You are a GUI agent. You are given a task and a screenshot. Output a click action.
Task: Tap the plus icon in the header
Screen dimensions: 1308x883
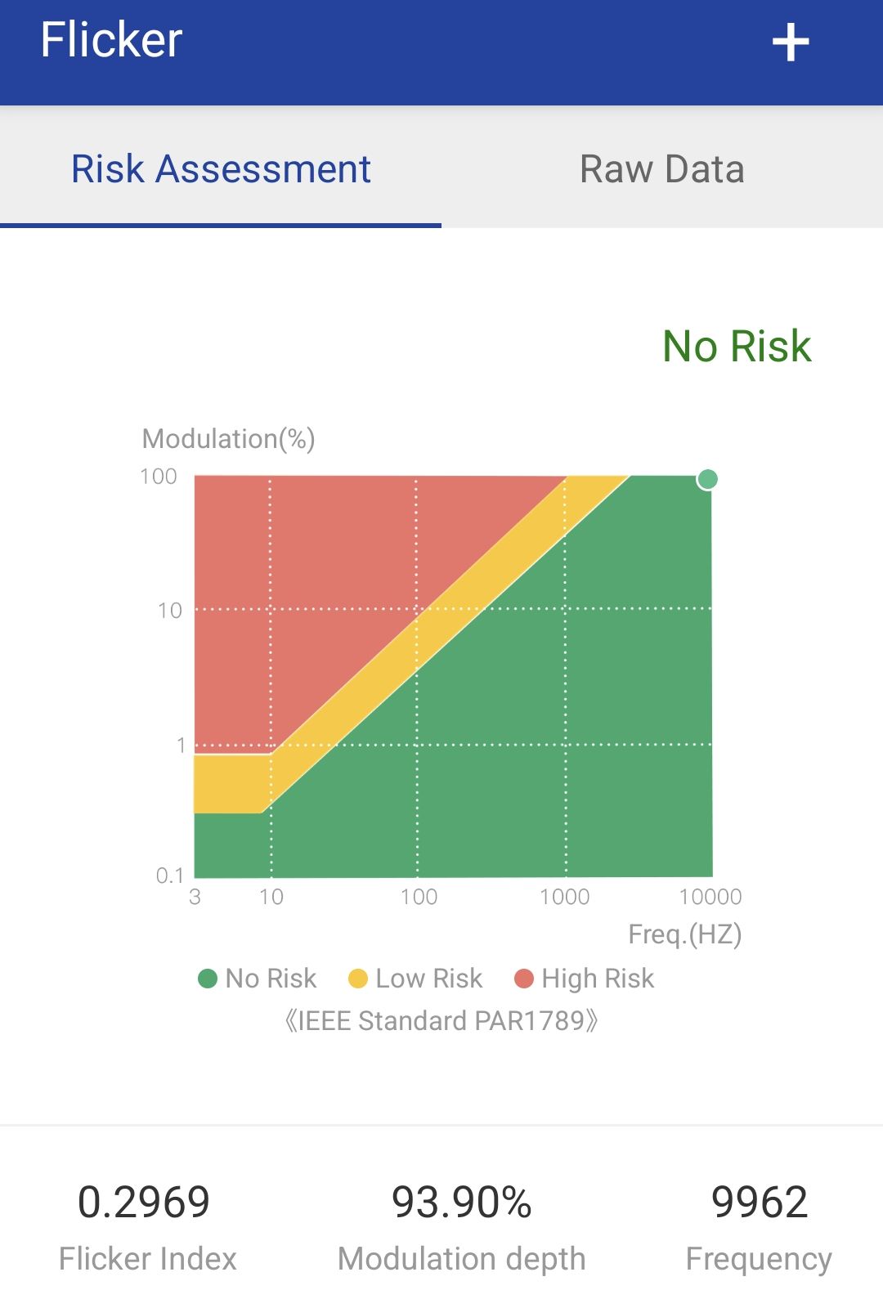[x=791, y=43]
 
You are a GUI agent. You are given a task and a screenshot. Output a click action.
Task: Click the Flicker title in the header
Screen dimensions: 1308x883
[x=111, y=40]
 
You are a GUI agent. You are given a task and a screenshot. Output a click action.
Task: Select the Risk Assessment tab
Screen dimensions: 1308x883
[x=221, y=169]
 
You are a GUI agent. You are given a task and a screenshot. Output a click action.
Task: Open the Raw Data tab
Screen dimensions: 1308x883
[x=661, y=169]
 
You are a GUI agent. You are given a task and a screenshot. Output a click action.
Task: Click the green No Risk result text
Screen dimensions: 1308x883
[x=737, y=346]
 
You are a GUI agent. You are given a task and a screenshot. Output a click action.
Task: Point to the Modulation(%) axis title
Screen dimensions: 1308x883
[x=229, y=439]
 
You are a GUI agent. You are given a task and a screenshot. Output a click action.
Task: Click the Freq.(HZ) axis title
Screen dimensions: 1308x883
[x=684, y=934]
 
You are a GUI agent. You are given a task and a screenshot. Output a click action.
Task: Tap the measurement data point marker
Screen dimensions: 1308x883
[x=707, y=479]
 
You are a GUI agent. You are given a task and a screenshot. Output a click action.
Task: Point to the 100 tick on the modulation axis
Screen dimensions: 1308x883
[x=159, y=477]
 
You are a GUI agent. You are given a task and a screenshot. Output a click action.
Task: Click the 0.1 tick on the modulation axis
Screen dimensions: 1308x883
[x=170, y=876]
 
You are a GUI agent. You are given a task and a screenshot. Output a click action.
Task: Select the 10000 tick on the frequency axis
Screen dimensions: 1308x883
[x=710, y=897]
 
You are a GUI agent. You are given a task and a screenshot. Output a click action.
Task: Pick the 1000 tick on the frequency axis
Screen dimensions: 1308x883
[x=564, y=897]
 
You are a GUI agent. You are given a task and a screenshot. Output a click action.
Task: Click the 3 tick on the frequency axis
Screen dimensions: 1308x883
[x=195, y=897]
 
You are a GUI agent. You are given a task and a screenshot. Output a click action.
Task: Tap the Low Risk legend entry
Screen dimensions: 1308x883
[x=415, y=979]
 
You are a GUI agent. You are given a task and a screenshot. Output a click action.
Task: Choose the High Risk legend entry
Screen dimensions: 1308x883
[x=585, y=979]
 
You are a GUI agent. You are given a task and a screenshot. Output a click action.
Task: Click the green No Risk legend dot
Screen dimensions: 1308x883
[x=208, y=979]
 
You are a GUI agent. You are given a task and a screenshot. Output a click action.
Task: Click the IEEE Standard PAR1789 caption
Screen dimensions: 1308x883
[x=441, y=1021]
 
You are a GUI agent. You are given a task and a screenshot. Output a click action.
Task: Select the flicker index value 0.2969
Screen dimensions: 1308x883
[x=144, y=1203]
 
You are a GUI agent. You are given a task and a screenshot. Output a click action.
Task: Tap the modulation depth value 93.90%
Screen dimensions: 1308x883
[x=462, y=1203]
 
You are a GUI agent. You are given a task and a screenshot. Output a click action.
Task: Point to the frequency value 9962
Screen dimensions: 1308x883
[x=760, y=1203]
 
